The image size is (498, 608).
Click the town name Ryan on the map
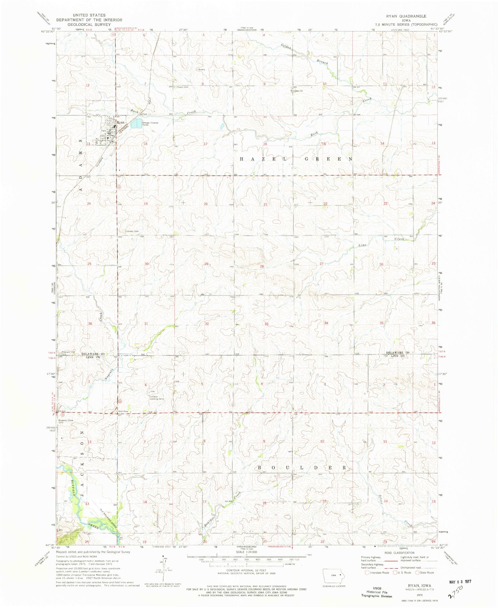click(x=120, y=122)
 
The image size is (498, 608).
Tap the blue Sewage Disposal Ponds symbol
click(x=136, y=125)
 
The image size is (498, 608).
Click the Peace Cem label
click(x=182, y=87)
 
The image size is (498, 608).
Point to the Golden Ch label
click(x=298, y=91)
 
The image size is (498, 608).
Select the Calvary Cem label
click(x=132, y=231)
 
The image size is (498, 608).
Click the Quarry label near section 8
click(x=202, y=69)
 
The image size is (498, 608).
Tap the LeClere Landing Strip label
click(x=156, y=398)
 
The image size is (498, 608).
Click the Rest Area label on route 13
click(x=123, y=411)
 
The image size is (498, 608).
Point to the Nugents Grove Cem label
click(x=66, y=421)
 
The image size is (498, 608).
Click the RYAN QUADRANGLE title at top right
click(x=406, y=16)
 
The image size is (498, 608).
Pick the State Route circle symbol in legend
click(x=417, y=573)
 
